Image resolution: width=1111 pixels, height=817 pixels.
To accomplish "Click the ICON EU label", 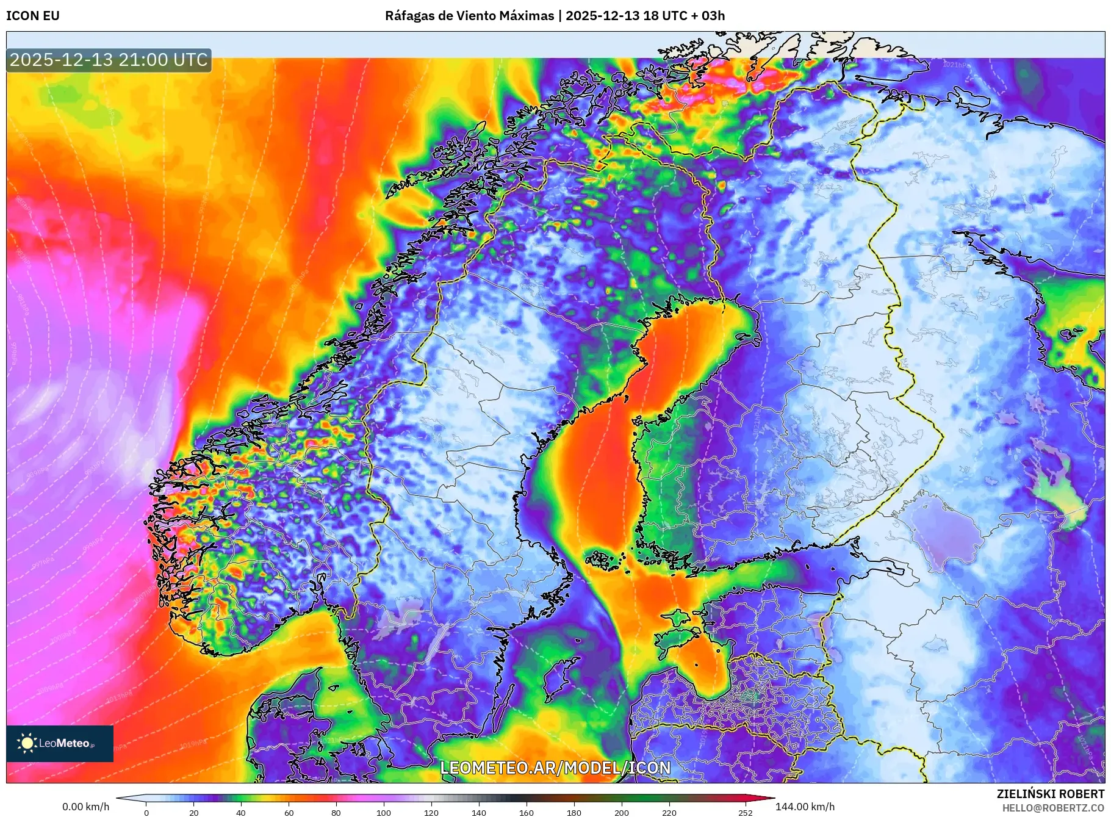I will tap(33, 16).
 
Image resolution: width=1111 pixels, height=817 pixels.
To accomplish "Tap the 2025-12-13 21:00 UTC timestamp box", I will tap(109, 60).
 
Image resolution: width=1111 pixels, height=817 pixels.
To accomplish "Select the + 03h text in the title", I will tap(709, 16).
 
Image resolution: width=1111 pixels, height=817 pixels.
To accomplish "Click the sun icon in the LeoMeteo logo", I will tap(27, 743).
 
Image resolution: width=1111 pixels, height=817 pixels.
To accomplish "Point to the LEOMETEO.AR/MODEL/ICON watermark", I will tap(555, 768).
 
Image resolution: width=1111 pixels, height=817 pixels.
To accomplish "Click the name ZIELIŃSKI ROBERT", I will tap(1050, 794).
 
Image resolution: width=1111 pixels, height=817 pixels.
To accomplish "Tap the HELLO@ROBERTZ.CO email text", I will tap(1053, 808).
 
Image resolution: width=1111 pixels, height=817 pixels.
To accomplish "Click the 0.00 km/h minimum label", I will tap(85, 807).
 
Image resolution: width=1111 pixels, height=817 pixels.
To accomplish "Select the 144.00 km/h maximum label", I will tap(805, 807).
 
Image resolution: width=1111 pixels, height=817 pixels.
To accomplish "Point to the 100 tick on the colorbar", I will tap(383, 813).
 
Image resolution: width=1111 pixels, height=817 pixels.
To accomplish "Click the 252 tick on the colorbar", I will tap(746, 813).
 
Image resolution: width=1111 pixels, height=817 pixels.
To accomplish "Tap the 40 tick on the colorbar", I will tap(241, 813).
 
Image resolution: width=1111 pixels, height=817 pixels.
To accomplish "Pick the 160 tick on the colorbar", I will tap(526, 813).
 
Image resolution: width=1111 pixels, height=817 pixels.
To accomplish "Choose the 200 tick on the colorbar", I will tap(621, 813).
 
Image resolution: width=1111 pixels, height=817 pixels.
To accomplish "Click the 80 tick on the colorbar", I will tap(336, 813).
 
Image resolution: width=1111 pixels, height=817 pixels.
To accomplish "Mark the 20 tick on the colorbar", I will tap(193, 813).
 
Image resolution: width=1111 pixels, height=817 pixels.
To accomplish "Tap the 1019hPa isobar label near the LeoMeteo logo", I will tap(193, 743).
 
